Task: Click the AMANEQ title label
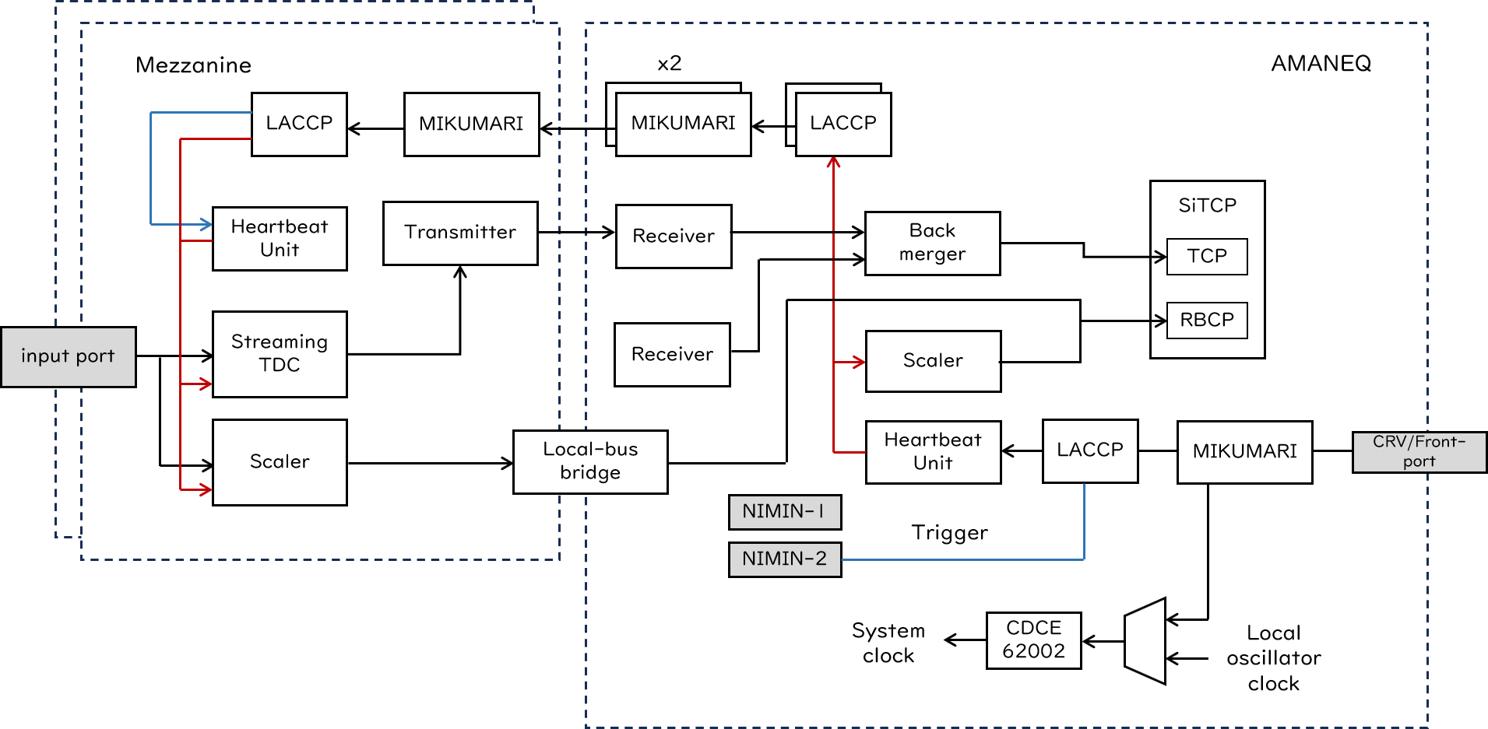1321,64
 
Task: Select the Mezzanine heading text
193,65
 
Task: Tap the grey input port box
69,356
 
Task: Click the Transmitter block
460,233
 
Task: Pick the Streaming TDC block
280,354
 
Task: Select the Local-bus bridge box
589,461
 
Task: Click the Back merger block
932,243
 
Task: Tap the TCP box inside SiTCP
1207,256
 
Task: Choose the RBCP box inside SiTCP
1207,320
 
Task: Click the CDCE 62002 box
1033,640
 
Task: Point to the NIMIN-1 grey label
784,511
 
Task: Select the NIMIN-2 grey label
784,559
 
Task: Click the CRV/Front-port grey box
1419,451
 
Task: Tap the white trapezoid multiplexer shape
1146,641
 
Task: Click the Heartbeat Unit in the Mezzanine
280,238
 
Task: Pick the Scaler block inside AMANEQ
933,361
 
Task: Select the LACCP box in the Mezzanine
299,124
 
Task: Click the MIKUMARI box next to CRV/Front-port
1244,451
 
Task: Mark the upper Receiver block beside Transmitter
674,236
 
